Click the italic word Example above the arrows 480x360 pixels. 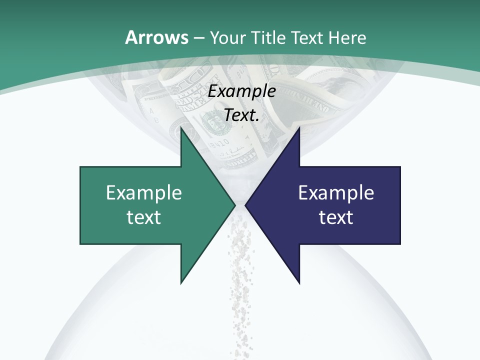point(242,91)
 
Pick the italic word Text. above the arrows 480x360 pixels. point(242,115)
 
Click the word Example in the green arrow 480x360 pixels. point(144,192)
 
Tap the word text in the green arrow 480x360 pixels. point(144,217)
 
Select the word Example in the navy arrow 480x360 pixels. point(336,192)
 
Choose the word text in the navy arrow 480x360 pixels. point(336,217)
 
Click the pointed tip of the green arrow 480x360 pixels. point(234,204)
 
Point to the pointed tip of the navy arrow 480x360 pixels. point(245,204)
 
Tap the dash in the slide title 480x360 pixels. point(198,38)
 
